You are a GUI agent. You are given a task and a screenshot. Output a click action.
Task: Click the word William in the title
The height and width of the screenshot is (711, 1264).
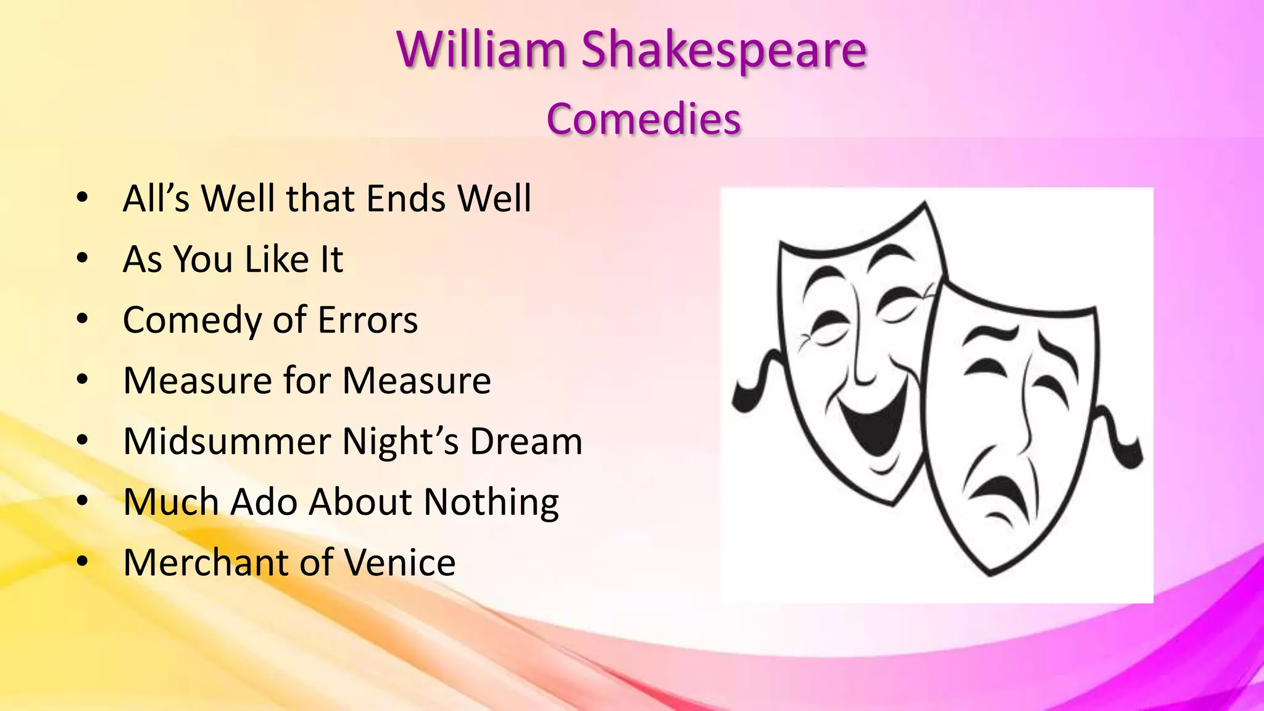[x=481, y=49]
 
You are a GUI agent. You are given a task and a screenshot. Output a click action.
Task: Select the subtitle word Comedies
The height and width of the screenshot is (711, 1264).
[x=643, y=118]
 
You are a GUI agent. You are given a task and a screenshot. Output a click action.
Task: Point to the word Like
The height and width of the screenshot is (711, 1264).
[x=276, y=259]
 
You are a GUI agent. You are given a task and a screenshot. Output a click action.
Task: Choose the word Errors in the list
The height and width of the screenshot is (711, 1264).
[x=367, y=320]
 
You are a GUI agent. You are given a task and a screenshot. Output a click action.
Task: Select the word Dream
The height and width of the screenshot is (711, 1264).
[x=526, y=441]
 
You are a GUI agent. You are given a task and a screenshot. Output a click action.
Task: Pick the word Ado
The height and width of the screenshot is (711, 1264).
[x=264, y=501]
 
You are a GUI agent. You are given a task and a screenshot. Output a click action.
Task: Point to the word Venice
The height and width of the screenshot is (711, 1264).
[x=399, y=562]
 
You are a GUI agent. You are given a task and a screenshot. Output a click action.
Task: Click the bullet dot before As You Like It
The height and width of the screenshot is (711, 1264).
[x=82, y=259]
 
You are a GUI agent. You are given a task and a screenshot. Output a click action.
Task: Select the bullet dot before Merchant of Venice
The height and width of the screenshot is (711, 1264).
[x=82, y=563]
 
